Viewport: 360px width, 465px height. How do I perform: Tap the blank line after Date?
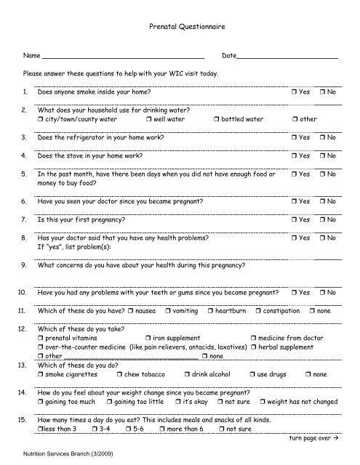(288, 57)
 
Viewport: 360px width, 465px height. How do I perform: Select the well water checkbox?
(148, 118)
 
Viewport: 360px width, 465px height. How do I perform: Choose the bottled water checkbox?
(217, 118)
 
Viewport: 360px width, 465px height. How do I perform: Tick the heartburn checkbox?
(209, 311)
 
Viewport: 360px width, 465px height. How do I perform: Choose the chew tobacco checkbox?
(108, 374)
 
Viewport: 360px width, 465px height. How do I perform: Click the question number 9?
(26, 265)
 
